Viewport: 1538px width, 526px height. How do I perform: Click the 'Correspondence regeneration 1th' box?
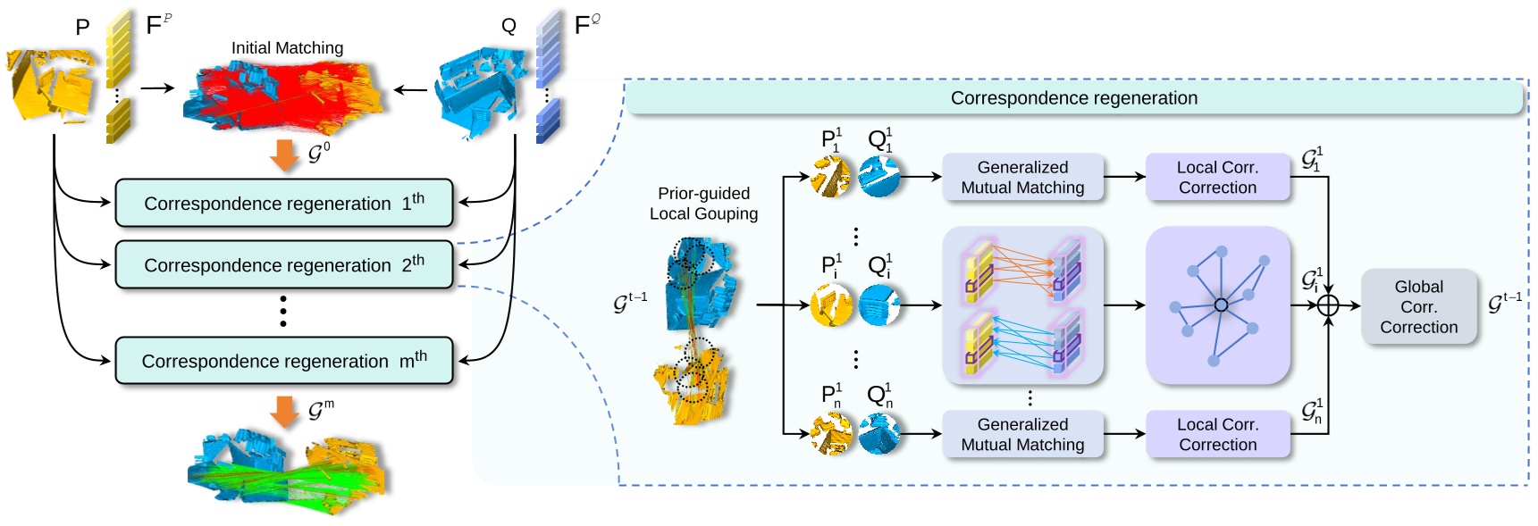click(x=283, y=203)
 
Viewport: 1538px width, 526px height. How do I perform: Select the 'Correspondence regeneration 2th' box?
click(x=283, y=264)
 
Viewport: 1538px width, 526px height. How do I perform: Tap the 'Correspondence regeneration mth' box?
click(x=283, y=361)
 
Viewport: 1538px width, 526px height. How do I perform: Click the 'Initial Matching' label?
click(x=287, y=48)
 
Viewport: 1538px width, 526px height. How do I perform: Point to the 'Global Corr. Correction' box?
click(x=1418, y=306)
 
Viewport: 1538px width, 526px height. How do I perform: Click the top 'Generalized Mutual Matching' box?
click(x=1022, y=177)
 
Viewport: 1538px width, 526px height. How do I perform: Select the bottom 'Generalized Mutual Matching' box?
click(x=1022, y=434)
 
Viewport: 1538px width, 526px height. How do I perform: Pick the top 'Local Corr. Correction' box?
click(x=1217, y=177)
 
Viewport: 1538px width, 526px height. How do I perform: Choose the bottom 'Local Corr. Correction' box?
click(x=1217, y=434)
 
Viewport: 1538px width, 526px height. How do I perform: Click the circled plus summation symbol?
click(x=1328, y=305)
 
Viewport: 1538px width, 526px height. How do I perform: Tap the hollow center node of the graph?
click(x=1221, y=305)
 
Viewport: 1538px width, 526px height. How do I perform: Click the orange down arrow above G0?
click(x=284, y=154)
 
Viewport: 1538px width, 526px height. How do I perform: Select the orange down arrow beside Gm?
click(x=284, y=411)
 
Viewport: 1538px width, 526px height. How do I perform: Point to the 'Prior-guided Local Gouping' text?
click(x=703, y=204)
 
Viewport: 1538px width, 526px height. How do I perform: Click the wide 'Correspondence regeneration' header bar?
click(x=1073, y=98)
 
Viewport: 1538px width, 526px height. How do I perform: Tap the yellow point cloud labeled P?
click(x=52, y=86)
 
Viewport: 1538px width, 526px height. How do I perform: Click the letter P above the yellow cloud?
click(x=82, y=28)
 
